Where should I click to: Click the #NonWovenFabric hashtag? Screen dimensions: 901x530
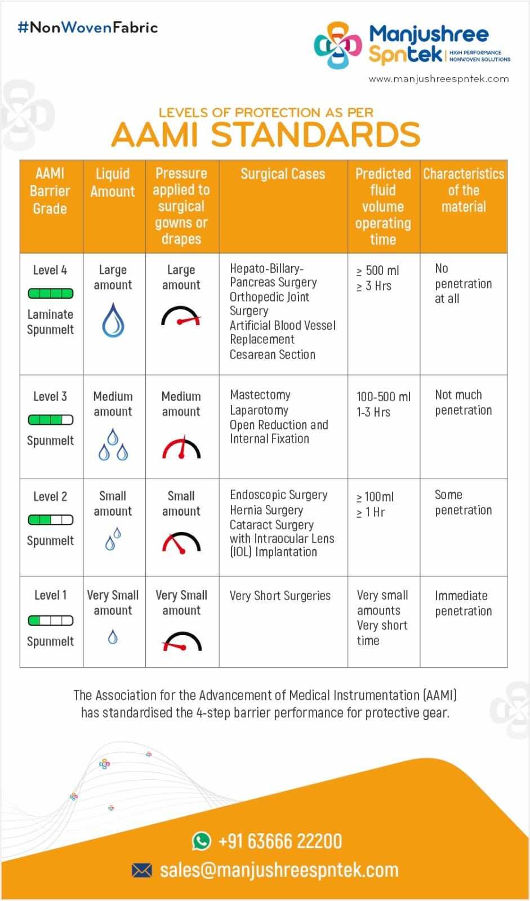[x=88, y=28]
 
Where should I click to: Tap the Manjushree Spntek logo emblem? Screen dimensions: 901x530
[x=337, y=45]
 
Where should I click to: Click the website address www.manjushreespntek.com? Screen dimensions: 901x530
[x=439, y=79]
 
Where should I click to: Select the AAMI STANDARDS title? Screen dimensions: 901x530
[x=265, y=135]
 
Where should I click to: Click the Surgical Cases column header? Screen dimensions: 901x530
[x=283, y=174]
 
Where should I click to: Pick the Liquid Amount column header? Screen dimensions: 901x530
[x=113, y=183]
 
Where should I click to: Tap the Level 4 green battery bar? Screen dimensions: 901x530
[x=51, y=294]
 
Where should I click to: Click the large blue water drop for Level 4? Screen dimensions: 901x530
[x=113, y=320]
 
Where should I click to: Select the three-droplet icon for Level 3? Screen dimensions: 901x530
[x=113, y=445]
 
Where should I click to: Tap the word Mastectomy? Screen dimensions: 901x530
[x=260, y=395]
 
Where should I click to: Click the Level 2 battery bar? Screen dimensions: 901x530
[x=51, y=520]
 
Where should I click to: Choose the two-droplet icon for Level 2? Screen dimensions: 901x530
[x=113, y=539]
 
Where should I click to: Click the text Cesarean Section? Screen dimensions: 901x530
[x=273, y=354]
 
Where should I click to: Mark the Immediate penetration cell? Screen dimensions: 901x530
[x=463, y=603]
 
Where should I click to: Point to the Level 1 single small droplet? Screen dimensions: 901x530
[x=113, y=637]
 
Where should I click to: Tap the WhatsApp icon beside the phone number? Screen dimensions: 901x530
[x=201, y=841]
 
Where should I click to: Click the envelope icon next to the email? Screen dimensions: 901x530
[x=142, y=871]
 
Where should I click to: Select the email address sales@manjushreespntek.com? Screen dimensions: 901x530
[x=279, y=870]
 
